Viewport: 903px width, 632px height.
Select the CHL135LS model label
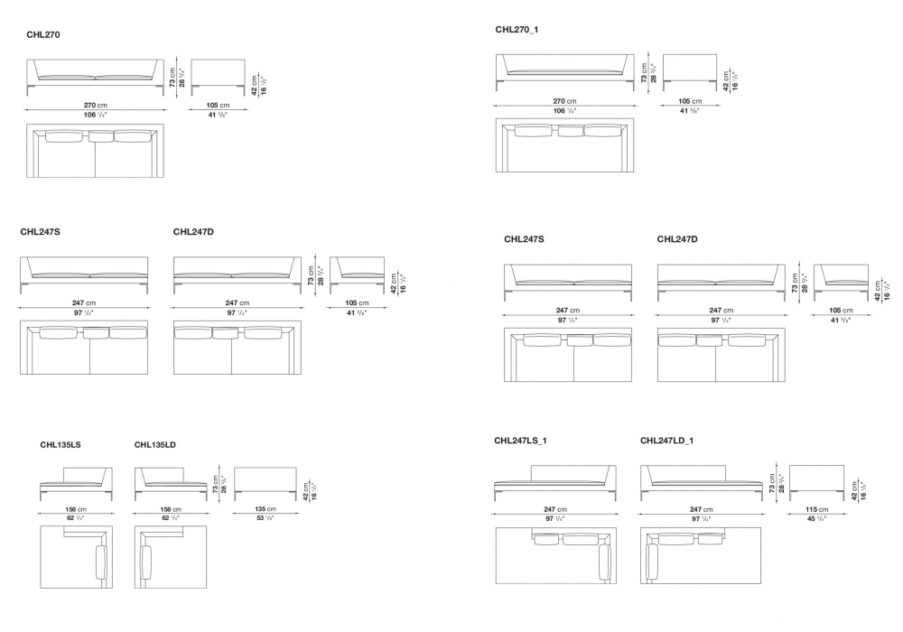coord(61,444)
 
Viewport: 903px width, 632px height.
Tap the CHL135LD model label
coord(154,444)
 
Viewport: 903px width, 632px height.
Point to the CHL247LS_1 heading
coord(521,441)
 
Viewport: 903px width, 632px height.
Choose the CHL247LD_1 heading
coord(666,441)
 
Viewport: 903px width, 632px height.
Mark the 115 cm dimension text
coord(816,510)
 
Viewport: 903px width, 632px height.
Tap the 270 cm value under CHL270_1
coord(564,101)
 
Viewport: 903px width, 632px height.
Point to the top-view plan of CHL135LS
coord(77,557)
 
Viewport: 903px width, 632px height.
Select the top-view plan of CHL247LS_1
coord(555,556)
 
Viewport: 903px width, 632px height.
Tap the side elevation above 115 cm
coord(816,481)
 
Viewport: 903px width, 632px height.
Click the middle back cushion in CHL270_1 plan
coord(570,132)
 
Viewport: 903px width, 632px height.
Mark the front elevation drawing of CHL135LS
coord(77,483)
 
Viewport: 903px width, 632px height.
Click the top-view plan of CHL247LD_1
coord(701,556)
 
